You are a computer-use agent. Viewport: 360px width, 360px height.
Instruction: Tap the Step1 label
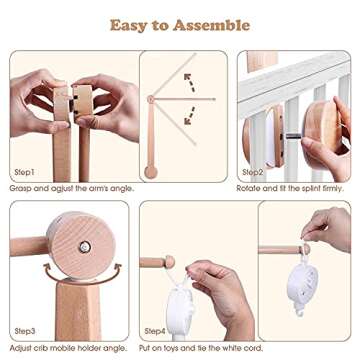tap(28, 172)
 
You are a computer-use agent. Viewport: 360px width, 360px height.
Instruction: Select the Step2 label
tap(252, 172)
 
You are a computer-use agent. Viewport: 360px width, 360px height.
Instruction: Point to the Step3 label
tap(28, 329)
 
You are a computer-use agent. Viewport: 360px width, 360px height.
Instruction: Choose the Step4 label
tap(155, 329)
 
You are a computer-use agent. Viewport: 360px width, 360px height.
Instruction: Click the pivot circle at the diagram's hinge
tap(150, 99)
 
